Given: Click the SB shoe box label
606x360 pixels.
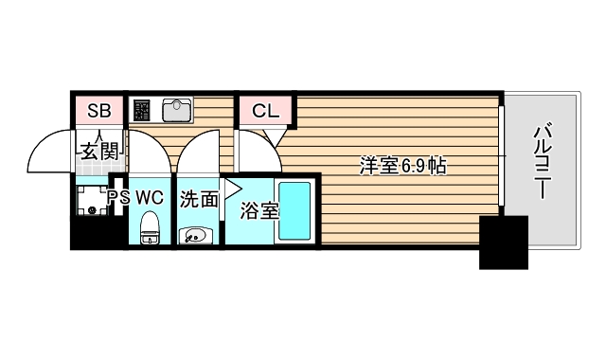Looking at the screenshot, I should tap(98, 111).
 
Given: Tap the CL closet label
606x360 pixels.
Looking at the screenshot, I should tap(265, 111).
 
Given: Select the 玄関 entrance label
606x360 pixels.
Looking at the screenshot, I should tap(98, 151).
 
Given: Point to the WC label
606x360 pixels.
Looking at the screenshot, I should tap(150, 198).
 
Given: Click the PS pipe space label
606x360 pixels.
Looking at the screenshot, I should tap(118, 198).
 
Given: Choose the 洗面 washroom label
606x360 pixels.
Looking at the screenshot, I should tap(199, 199).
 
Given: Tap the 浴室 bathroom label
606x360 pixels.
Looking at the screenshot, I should tap(259, 211).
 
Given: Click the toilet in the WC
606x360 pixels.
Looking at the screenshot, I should tap(150, 227).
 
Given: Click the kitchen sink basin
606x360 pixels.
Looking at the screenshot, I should tap(177, 111).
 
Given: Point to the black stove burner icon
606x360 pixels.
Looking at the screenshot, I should tap(142, 111).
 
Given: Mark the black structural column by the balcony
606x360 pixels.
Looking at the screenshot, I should tap(503, 242).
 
